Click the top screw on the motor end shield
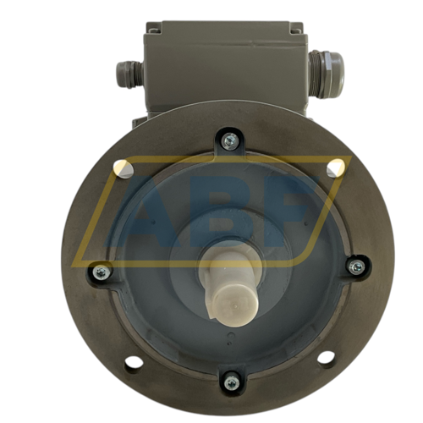229,140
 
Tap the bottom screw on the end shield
232,382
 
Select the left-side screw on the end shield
101,272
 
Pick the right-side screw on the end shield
356,266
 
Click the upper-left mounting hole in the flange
124,168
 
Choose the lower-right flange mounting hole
327,357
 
